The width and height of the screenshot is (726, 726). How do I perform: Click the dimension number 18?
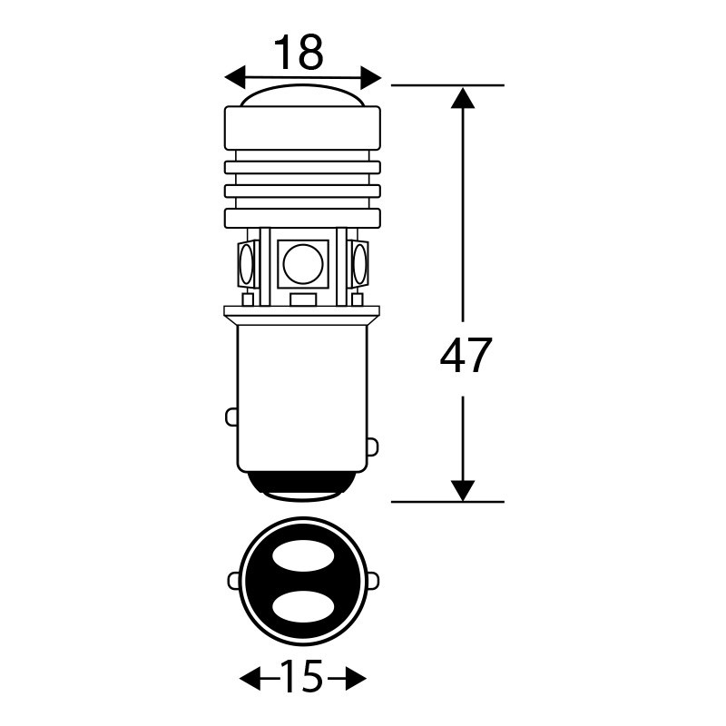[299, 53]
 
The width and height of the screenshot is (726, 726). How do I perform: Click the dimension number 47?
[466, 356]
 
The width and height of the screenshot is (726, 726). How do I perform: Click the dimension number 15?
[301, 677]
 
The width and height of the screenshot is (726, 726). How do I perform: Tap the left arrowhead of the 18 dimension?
[234, 77]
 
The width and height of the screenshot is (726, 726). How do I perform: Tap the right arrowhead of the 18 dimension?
[370, 77]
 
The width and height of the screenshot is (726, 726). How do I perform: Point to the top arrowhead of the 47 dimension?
[463, 98]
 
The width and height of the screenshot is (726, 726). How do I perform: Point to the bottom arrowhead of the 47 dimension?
[463, 490]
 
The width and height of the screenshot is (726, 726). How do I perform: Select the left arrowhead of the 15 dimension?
[250, 679]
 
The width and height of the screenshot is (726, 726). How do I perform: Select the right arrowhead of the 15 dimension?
[356, 679]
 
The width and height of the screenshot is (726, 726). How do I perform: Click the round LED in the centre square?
[303, 264]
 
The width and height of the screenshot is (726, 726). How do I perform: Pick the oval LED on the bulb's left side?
[246, 263]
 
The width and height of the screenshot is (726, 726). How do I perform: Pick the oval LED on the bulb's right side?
[359, 263]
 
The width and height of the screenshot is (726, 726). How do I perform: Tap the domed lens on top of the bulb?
[303, 95]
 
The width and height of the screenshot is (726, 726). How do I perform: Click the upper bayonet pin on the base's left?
[231, 417]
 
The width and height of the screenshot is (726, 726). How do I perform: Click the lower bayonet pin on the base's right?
[373, 447]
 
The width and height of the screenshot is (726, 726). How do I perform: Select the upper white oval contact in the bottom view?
[303, 554]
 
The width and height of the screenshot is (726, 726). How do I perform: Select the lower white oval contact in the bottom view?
[303, 605]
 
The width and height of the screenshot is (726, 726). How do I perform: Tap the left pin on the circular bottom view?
[234, 581]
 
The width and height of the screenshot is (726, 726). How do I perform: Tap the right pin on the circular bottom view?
[373, 581]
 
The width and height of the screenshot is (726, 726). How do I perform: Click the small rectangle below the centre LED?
[303, 299]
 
